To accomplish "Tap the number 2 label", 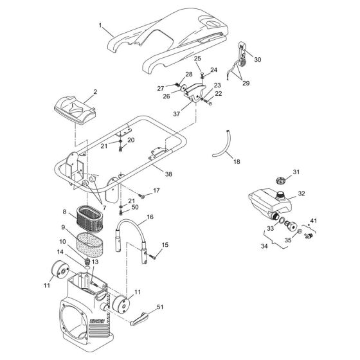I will [x=94, y=92].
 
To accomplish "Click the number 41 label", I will [x=313, y=221].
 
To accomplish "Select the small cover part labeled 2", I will [x=77, y=108].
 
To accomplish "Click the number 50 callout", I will [x=136, y=207].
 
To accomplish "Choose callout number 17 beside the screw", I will [x=156, y=192].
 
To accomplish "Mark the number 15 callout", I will [x=165, y=244].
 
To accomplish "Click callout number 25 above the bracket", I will [x=197, y=59].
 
